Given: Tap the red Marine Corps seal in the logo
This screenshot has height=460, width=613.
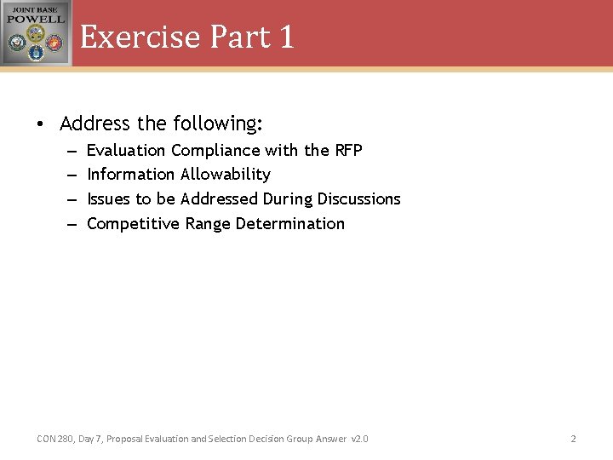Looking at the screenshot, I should point(54,42).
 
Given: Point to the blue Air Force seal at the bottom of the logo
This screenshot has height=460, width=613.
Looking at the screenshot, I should point(36,53).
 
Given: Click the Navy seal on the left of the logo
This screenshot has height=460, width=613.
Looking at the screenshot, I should point(17,43).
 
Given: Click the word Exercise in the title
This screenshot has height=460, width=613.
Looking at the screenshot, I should point(140,37).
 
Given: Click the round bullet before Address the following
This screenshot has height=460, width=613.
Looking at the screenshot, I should point(41,124).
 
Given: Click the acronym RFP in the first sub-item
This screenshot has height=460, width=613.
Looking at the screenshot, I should point(347,151).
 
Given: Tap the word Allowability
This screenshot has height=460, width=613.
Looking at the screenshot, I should point(226,175).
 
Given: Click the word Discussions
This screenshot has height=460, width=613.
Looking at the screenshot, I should point(358,199).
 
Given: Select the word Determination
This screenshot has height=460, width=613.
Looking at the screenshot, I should point(289,224).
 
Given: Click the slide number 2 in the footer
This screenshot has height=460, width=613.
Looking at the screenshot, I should point(573,439).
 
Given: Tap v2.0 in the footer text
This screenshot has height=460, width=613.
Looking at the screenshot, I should point(359,439).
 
